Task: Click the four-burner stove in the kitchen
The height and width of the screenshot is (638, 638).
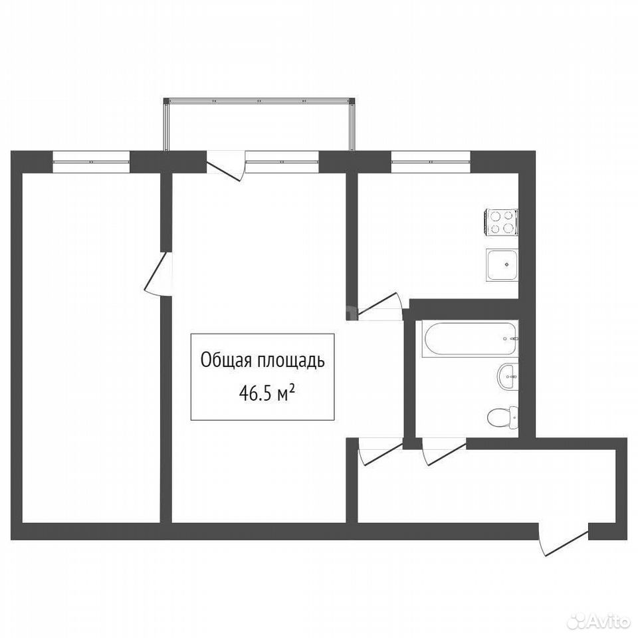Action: [501, 222]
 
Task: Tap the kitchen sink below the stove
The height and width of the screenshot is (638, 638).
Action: [502, 265]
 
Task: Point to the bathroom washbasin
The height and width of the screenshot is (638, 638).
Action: [508, 377]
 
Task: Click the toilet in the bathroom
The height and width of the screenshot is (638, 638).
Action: [503, 417]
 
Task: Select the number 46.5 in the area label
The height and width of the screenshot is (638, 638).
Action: [255, 394]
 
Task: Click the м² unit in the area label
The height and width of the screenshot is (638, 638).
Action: [286, 393]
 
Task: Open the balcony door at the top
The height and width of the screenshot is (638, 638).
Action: [225, 165]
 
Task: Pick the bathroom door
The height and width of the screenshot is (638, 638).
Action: [444, 452]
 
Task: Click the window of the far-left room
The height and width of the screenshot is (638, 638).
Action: [91, 161]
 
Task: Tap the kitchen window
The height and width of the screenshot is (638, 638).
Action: [431, 161]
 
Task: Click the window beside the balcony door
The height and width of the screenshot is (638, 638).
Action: [282, 161]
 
